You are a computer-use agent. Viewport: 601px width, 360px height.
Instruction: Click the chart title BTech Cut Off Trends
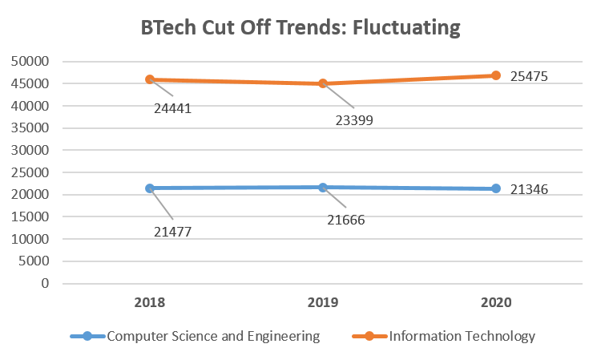point(300,28)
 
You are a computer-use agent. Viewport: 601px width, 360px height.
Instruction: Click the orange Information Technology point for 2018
point(150,79)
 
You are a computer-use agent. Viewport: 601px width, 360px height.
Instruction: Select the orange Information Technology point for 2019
point(323,83)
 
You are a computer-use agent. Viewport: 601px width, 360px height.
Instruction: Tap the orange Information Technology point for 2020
point(496,75)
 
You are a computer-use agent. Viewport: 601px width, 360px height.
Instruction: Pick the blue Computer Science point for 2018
point(150,188)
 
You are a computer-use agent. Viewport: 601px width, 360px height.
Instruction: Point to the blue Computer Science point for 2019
point(323,188)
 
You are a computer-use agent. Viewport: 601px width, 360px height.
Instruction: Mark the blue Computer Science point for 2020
point(496,188)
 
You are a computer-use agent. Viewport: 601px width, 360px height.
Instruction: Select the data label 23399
point(354,121)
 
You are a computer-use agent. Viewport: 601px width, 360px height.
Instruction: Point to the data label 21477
point(173,233)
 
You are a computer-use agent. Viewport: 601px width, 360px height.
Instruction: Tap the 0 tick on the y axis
point(46,284)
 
